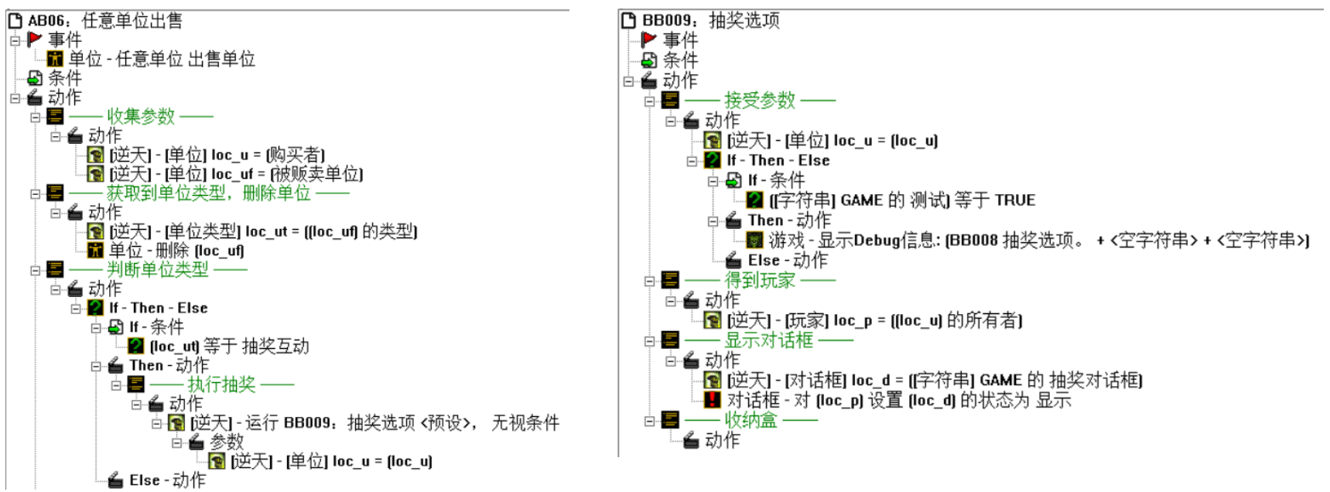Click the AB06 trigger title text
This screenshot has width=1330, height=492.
104,20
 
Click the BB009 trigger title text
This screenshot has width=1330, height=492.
710,20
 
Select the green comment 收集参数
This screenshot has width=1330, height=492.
141,116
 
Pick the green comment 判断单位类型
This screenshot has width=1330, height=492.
158,269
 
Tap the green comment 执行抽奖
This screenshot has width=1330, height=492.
221,384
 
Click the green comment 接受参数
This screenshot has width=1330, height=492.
759,100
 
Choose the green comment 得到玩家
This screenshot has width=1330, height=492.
759,280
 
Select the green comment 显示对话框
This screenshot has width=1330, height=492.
768,340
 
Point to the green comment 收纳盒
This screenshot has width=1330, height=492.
750,420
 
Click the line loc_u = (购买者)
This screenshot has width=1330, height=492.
217,155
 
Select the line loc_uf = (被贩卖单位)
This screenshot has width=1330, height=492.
236,174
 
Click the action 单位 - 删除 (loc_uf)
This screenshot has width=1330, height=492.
176,250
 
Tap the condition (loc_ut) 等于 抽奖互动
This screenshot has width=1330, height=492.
229,346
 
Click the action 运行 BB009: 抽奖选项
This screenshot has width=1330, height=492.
374,422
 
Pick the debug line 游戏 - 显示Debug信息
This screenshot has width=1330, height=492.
1038,240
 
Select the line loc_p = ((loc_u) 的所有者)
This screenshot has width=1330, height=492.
874,320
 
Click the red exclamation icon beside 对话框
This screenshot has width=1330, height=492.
712,399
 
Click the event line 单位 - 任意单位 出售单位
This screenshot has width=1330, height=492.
162,59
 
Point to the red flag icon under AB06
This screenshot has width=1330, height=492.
35,39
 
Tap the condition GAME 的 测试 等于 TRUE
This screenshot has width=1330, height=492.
901,200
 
